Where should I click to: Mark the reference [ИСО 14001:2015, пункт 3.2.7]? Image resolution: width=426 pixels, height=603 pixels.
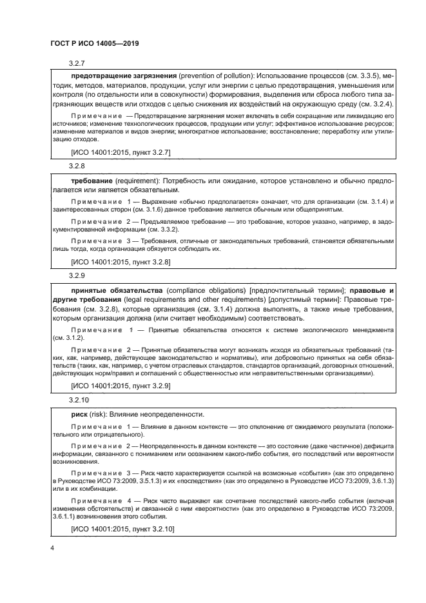120,152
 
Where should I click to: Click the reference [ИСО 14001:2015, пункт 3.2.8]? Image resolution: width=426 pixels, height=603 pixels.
120,262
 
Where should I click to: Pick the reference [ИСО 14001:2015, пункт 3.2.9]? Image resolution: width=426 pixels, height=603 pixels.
120,386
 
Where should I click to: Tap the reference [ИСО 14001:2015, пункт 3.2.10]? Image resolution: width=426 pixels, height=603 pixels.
122,529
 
